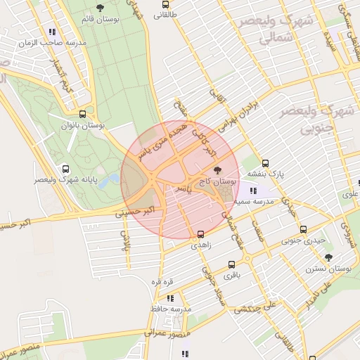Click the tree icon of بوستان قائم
pyautogui.click(x=99, y=8)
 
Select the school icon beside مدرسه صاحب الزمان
pyautogui.click(x=53, y=32)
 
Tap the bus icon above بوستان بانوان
pyautogui.click(x=83, y=114)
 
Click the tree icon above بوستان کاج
pyautogui.click(x=217, y=170)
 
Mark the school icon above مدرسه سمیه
pyautogui.click(x=253, y=191)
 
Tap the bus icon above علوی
pyautogui.click(x=359, y=184)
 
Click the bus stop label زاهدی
pyautogui.click(x=200, y=246)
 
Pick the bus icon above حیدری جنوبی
pyautogui.click(x=304, y=229)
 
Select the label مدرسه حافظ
pyautogui.click(x=171, y=309)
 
